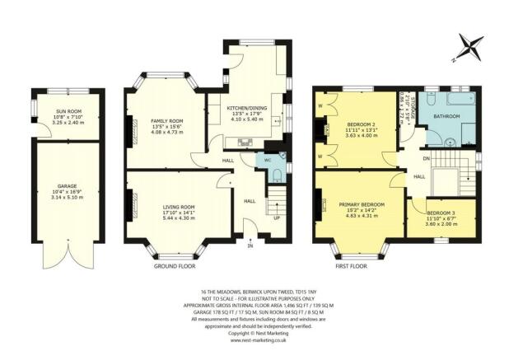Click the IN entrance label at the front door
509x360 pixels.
250,245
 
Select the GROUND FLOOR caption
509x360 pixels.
175,267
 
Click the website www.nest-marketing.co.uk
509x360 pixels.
252,339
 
